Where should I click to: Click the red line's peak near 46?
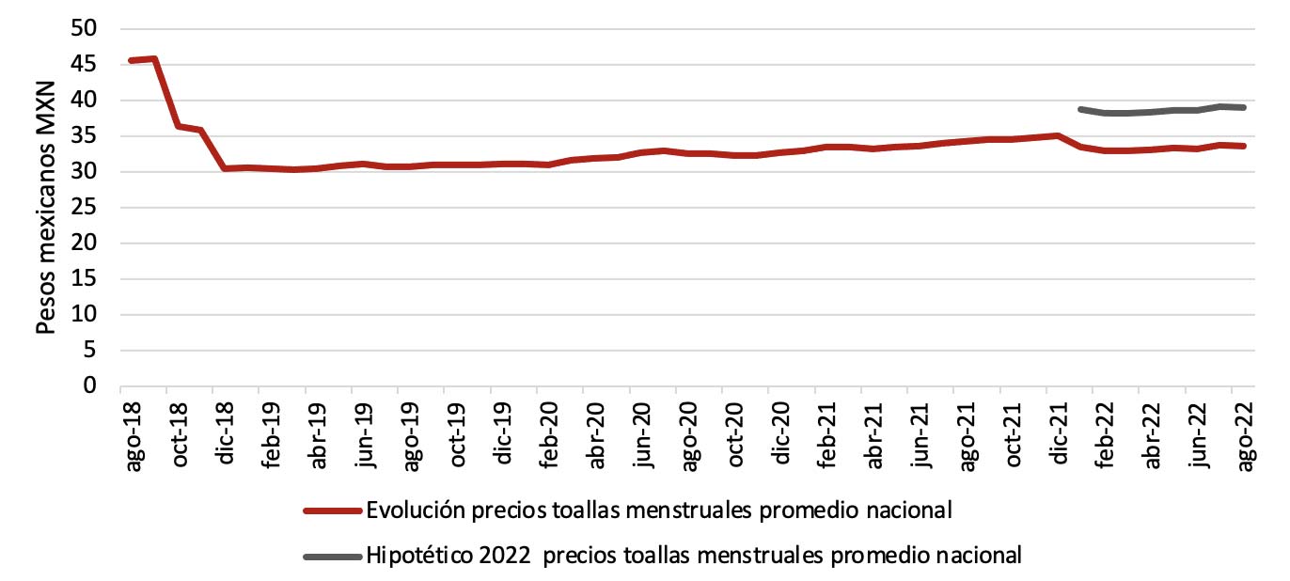(x=153, y=58)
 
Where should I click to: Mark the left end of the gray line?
(x=1080, y=109)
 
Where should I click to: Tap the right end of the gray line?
(x=1244, y=107)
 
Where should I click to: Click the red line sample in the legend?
(x=332, y=510)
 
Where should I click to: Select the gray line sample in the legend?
(x=332, y=556)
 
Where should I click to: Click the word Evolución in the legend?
(x=412, y=510)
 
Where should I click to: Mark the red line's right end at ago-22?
(x=1244, y=146)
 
